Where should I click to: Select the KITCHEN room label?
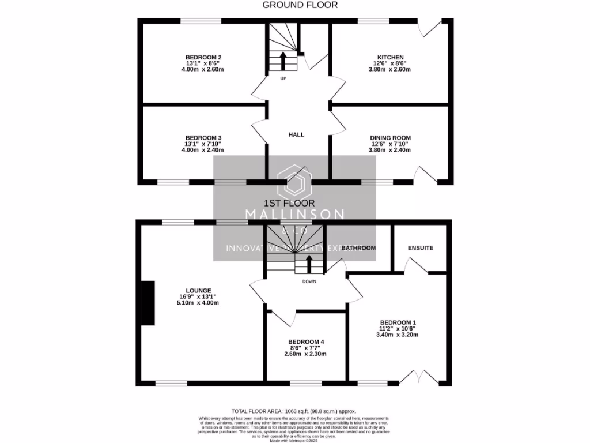point(390,57)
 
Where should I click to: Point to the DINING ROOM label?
point(390,137)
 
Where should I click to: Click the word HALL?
point(296,134)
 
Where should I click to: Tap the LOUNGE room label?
point(199,290)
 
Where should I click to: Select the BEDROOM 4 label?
point(306,341)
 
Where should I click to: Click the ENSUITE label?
point(420,248)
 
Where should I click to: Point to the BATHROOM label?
point(358,248)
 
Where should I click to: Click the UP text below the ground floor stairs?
point(283,78)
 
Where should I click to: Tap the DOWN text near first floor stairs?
point(310,282)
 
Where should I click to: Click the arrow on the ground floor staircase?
point(283,59)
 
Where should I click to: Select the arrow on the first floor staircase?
point(309,264)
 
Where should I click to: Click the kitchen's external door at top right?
point(432,29)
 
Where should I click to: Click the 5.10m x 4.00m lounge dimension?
point(199,302)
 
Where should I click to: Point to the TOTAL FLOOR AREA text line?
point(297,411)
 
